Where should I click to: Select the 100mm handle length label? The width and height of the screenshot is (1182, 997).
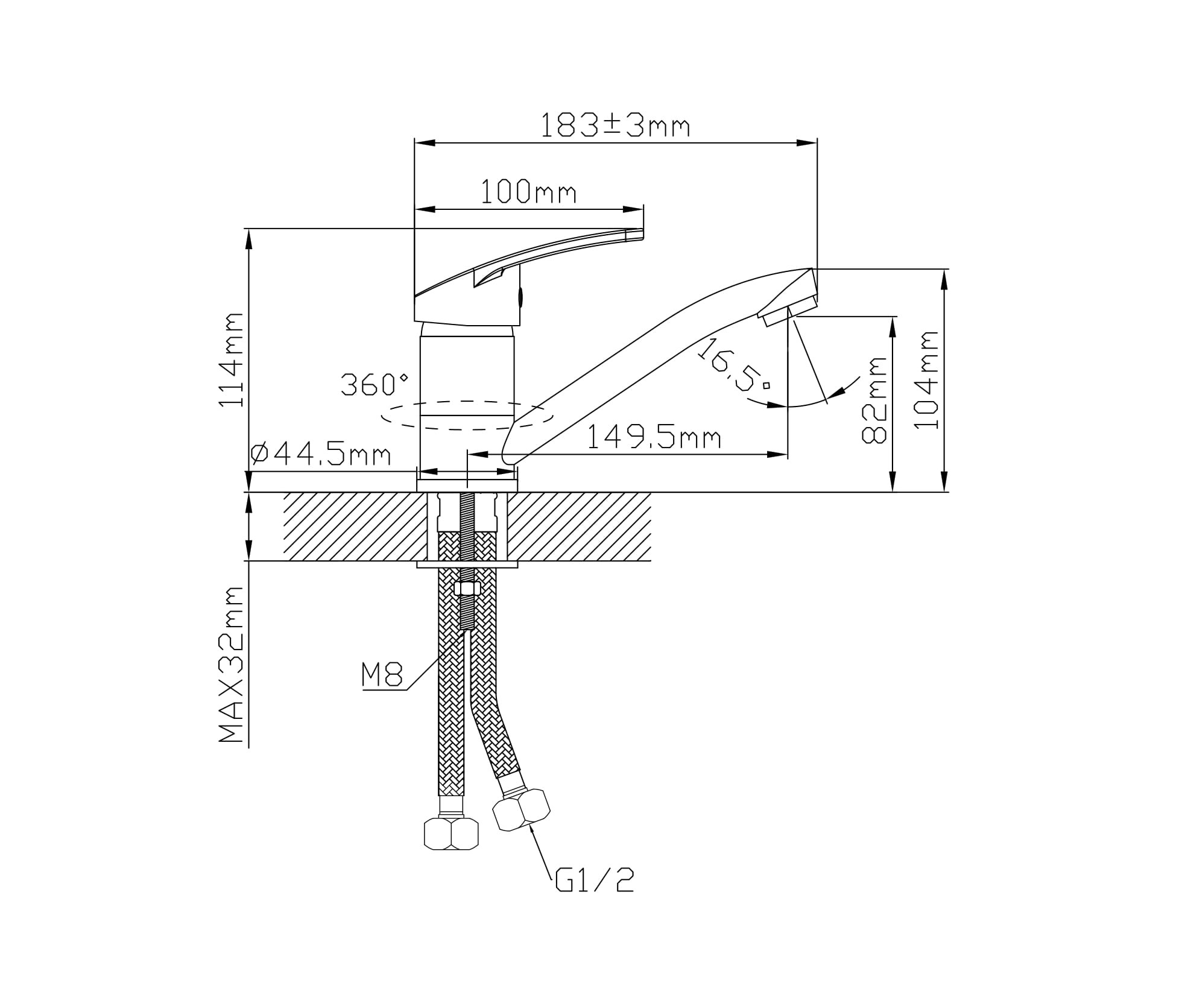[528, 192]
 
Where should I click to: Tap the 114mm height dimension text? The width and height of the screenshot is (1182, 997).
[231, 359]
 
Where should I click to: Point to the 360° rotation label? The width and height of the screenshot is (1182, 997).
[375, 384]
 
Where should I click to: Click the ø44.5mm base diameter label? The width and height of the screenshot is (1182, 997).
[320, 454]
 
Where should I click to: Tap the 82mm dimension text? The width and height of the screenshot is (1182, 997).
[874, 400]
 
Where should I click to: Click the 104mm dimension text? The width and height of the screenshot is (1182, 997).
[926, 379]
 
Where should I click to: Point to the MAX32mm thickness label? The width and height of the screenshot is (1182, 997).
[231, 664]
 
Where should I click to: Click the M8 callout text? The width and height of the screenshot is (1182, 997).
[382, 674]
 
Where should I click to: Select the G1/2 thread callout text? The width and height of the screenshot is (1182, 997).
[595, 881]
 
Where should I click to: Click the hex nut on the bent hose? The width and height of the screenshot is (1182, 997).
[522, 810]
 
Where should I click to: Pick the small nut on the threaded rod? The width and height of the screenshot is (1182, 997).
[467, 588]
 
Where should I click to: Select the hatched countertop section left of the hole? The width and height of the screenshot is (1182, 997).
[355, 527]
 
